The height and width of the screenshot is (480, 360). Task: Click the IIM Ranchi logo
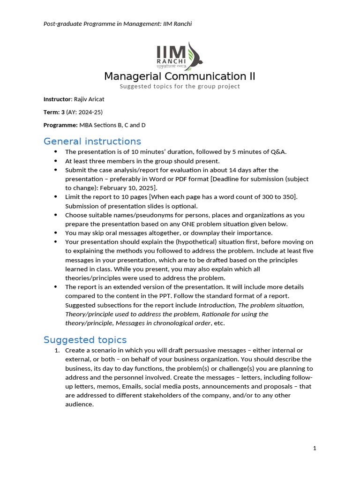point(180,56)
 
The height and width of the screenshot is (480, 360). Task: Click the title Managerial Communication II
point(180,76)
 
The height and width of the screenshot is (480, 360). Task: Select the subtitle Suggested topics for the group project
point(180,86)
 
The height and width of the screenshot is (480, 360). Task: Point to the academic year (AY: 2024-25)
point(84,112)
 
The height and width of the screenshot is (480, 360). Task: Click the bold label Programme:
point(60,125)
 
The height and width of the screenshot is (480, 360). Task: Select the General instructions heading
point(92,141)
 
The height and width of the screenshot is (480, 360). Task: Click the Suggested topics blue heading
point(85,339)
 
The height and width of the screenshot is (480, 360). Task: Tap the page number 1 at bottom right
point(315,448)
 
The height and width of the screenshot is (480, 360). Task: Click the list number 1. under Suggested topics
point(57,351)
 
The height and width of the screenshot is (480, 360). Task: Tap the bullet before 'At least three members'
point(56,161)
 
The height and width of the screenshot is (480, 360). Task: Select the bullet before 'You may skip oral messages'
point(56,233)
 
